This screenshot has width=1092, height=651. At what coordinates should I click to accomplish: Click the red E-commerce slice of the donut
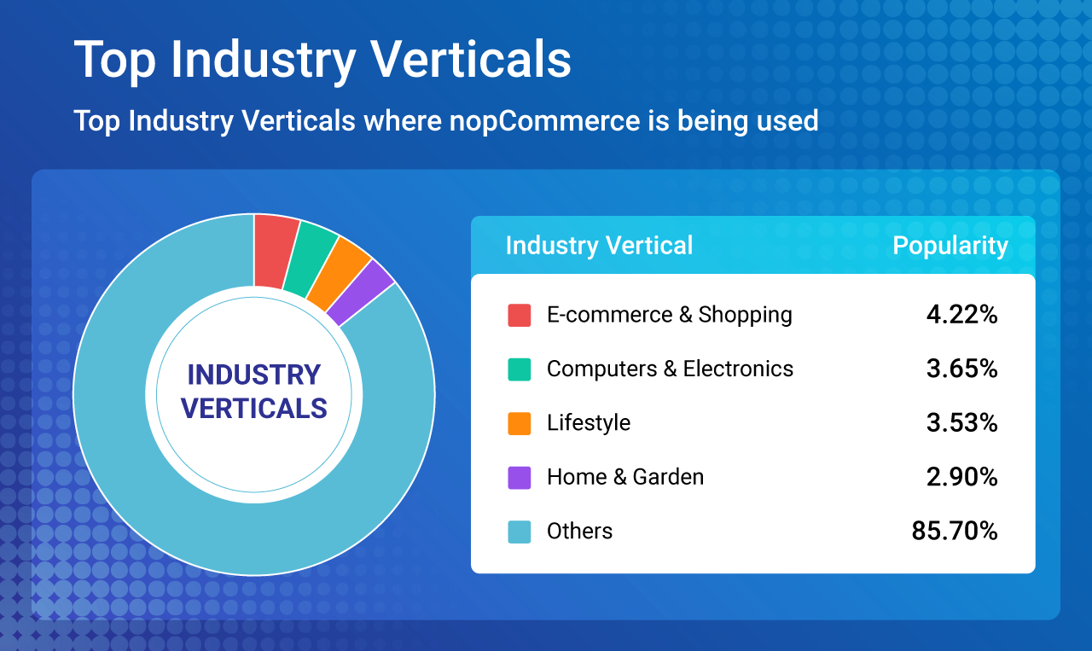pyautogui.click(x=275, y=252)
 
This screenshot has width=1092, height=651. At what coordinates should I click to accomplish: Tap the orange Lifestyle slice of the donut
pyautogui.click(x=339, y=274)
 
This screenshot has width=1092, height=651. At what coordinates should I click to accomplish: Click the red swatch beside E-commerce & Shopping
pyautogui.click(x=520, y=315)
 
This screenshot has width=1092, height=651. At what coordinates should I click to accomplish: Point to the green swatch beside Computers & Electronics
pyautogui.click(x=520, y=369)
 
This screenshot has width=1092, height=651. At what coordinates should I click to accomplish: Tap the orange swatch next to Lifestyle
pyautogui.click(x=520, y=423)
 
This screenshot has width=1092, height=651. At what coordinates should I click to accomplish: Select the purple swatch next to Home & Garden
pyautogui.click(x=520, y=478)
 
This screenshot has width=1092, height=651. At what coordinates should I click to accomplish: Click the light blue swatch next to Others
pyautogui.click(x=520, y=532)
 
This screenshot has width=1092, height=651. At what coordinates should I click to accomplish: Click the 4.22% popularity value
pyautogui.click(x=961, y=315)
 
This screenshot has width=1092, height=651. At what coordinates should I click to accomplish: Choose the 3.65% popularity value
pyautogui.click(x=961, y=369)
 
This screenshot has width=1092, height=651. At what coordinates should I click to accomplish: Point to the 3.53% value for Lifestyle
pyautogui.click(x=961, y=423)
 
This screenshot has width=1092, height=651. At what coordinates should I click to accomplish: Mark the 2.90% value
pyautogui.click(x=961, y=477)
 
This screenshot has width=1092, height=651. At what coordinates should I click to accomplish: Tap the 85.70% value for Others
pyautogui.click(x=955, y=531)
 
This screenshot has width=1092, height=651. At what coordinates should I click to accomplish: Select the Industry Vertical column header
pyautogui.click(x=599, y=245)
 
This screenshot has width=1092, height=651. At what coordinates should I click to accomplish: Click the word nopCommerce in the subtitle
pyautogui.click(x=544, y=121)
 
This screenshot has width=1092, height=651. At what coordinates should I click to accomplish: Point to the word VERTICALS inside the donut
pyautogui.click(x=254, y=408)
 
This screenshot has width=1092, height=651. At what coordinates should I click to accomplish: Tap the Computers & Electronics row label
pyautogui.click(x=670, y=369)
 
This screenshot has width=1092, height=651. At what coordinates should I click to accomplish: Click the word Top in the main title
pyautogui.click(x=115, y=60)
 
